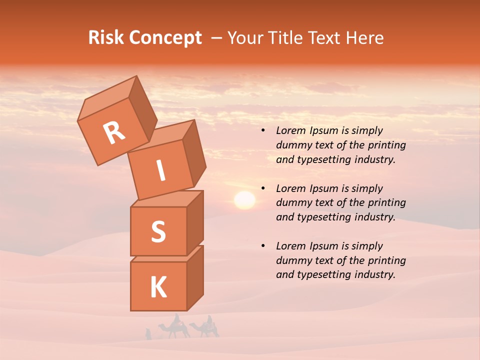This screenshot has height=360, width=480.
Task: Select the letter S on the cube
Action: click(158, 231)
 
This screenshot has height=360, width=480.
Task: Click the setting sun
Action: click(244, 200)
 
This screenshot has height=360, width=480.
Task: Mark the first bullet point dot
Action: click(263, 131)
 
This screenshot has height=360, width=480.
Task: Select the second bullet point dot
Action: click(263, 189)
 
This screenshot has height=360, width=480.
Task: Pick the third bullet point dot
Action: click(263, 246)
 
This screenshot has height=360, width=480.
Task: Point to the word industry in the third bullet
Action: click(371, 274)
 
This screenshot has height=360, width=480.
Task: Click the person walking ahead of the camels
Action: click(148, 333)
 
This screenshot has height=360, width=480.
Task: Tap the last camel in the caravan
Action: click(205, 327)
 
